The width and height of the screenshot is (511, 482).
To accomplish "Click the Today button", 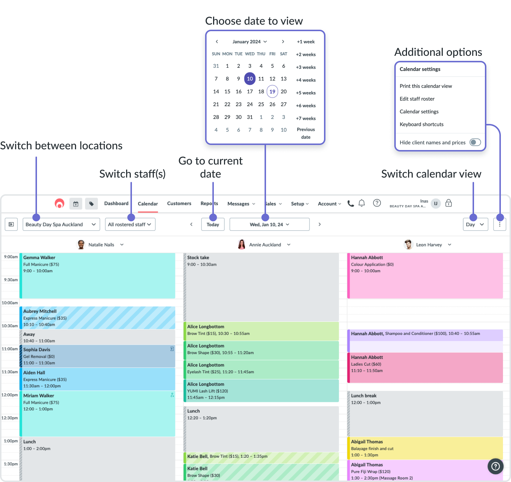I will click(213, 224).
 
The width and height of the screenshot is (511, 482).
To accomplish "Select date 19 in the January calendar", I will click(272, 92).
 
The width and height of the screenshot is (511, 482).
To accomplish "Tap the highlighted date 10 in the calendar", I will click(250, 79).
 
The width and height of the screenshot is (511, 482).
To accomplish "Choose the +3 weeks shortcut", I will click(306, 67).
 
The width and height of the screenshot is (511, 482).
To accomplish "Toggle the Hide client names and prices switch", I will click(475, 142).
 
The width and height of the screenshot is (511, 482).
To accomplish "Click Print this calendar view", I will click(425, 86).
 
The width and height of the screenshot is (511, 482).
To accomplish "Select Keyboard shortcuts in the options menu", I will click(421, 124).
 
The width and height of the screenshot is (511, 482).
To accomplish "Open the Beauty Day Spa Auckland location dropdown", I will click(61, 224).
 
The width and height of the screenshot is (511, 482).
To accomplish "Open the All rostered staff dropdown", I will click(130, 224).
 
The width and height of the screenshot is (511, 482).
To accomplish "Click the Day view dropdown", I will click(475, 224).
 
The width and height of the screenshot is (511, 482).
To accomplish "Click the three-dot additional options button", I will click(499, 224).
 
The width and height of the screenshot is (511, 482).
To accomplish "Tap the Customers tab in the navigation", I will click(179, 204).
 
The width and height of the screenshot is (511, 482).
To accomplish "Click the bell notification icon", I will click(361, 203).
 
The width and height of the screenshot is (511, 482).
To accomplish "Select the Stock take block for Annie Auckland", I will click(261, 286).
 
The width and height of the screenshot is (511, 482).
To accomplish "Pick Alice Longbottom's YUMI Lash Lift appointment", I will click(261, 391).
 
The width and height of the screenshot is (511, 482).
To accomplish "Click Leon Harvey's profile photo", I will click(408, 245).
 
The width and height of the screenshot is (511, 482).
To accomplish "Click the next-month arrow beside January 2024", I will click(283, 42).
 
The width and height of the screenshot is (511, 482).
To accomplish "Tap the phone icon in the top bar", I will click(350, 203).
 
